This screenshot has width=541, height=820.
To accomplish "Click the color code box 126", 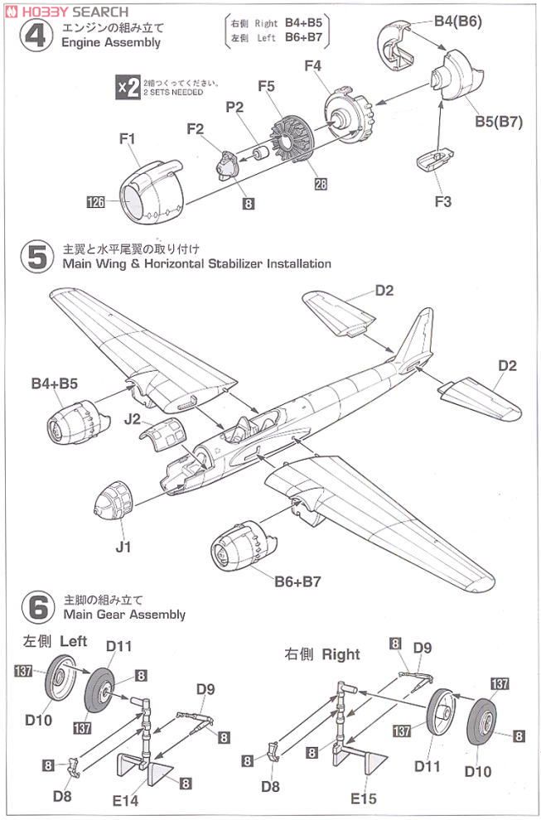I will tap(98, 200).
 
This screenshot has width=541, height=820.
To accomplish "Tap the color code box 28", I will tap(321, 184).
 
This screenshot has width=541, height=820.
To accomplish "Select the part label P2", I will tap(234, 109).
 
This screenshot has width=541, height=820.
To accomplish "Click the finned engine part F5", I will tap(292, 142).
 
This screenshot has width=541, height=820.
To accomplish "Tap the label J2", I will tap(133, 419).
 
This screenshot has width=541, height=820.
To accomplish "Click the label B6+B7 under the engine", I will tap(297, 581).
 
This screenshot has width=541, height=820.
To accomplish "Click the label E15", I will tap(363, 799).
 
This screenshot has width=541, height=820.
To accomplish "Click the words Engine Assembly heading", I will tap(111, 42).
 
